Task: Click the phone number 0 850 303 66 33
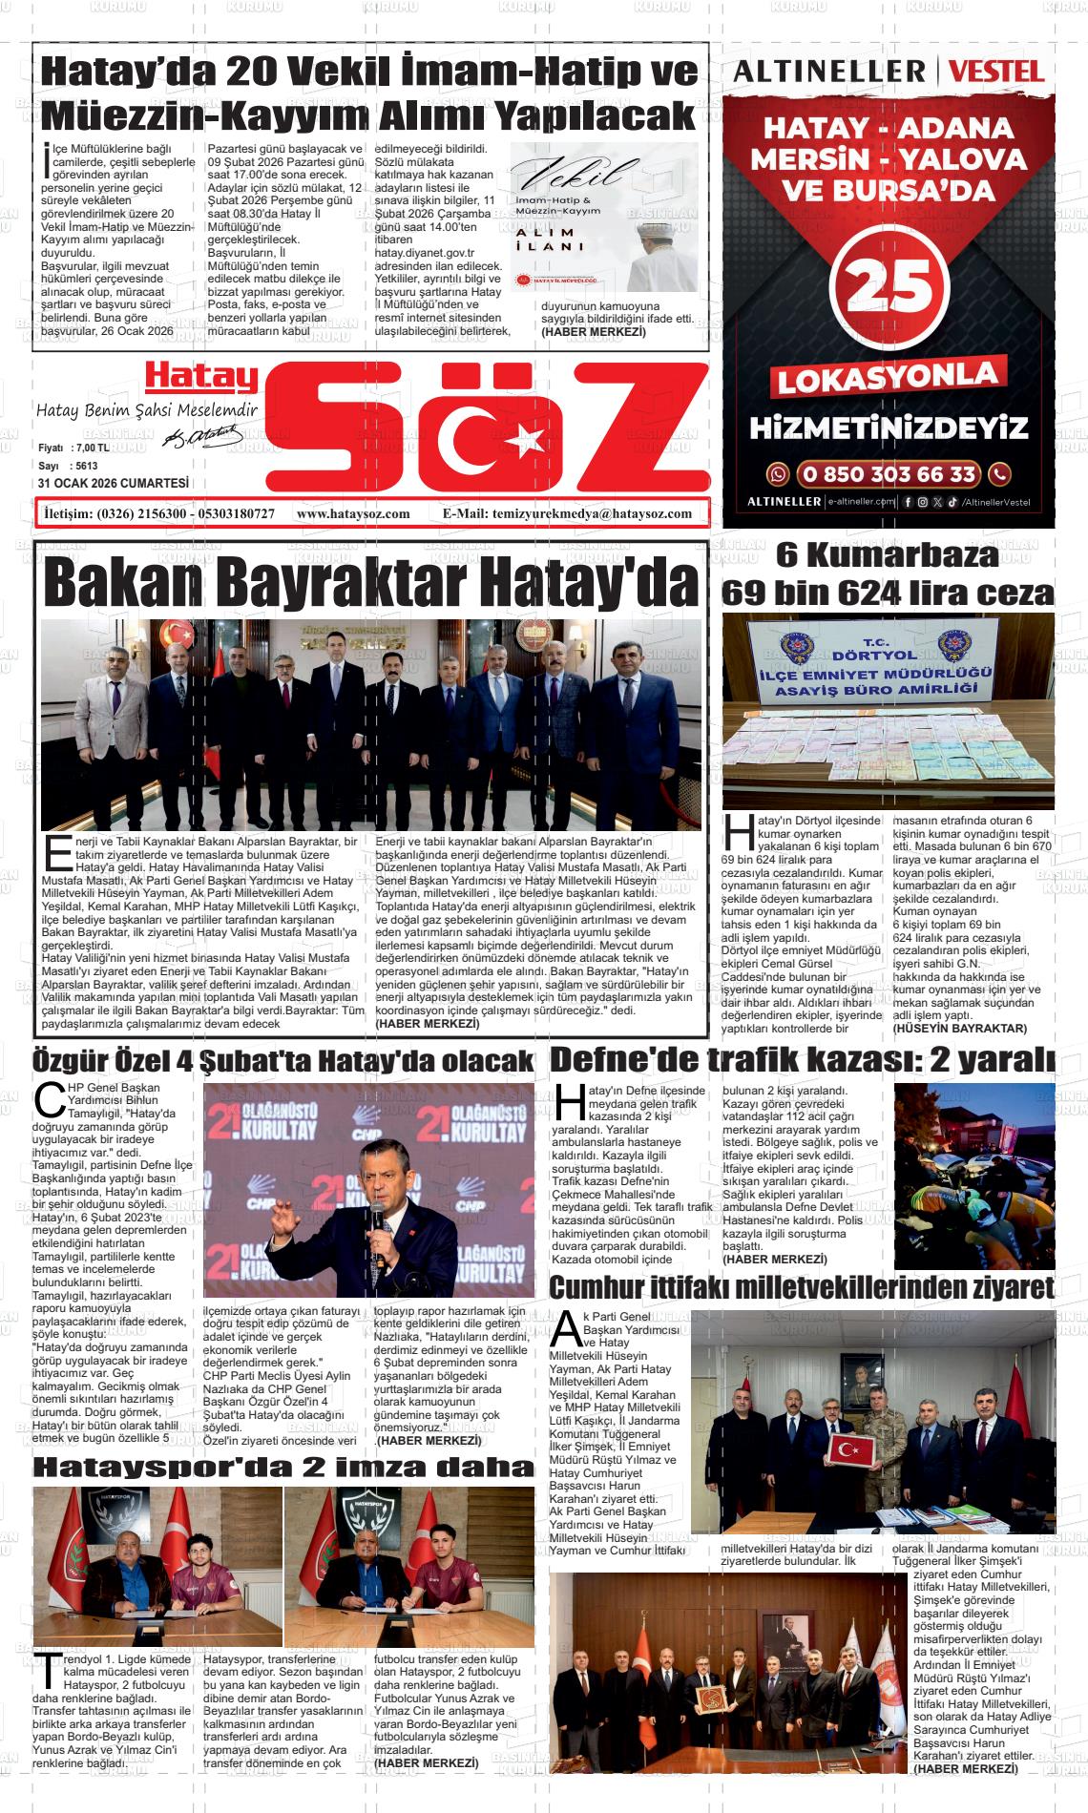click(x=889, y=473)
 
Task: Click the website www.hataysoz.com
click(x=353, y=513)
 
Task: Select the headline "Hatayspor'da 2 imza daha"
click(x=282, y=1468)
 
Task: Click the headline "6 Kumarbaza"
click(x=887, y=554)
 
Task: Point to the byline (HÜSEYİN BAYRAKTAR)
click(x=959, y=1028)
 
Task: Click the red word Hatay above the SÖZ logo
click(x=201, y=378)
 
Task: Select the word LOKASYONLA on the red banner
click(x=889, y=378)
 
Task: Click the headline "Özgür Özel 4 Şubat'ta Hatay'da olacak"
click(x=282, y=1061)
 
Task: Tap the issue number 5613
click(x=88, y=466)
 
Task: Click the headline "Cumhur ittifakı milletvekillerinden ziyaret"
click(x=803, y=1288)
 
